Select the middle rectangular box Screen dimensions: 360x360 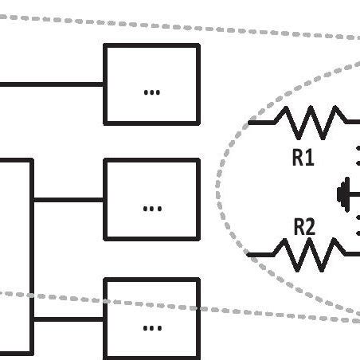151,199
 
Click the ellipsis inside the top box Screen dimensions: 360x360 151,92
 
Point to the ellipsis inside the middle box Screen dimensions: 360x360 151,209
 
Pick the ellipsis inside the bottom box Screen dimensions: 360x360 151,327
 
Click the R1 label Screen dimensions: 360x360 303,157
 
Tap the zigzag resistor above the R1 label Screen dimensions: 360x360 311,123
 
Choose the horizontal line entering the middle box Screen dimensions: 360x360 68,200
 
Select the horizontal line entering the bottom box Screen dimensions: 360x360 68,319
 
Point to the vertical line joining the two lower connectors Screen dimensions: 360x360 32,255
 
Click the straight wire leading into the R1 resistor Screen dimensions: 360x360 261,123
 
